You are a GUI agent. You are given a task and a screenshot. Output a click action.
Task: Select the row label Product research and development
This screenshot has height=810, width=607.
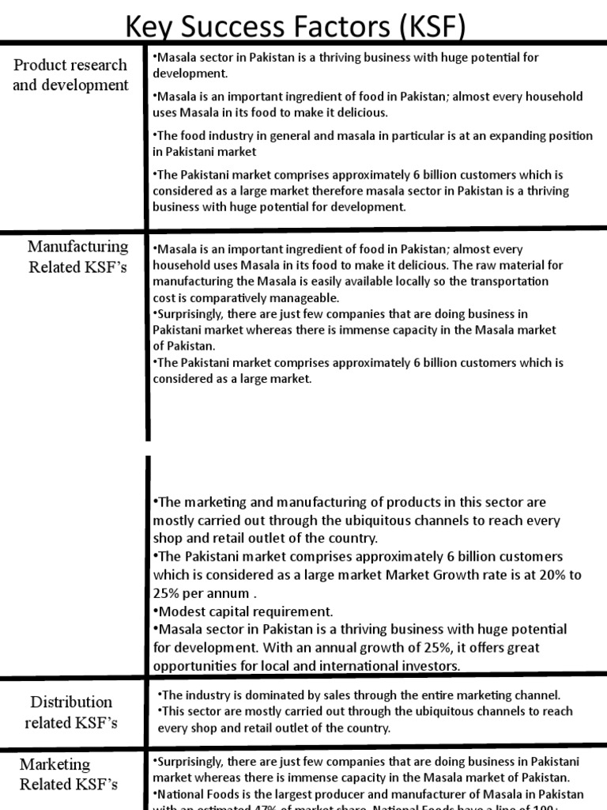click(x=70, y=74)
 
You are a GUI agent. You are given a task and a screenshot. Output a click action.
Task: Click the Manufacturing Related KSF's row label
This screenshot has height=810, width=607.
click(x=78, y=256)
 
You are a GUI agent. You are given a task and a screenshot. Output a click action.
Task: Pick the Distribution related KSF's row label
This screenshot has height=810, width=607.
click(x=72, y=711)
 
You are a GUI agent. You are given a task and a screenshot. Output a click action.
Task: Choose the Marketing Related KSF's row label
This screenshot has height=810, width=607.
click(x=69, y=774)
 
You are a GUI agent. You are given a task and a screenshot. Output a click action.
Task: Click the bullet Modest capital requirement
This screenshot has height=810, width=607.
click(x=246, y=611)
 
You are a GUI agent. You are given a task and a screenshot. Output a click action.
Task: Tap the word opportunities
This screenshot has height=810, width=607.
click(x=190, y=665)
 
